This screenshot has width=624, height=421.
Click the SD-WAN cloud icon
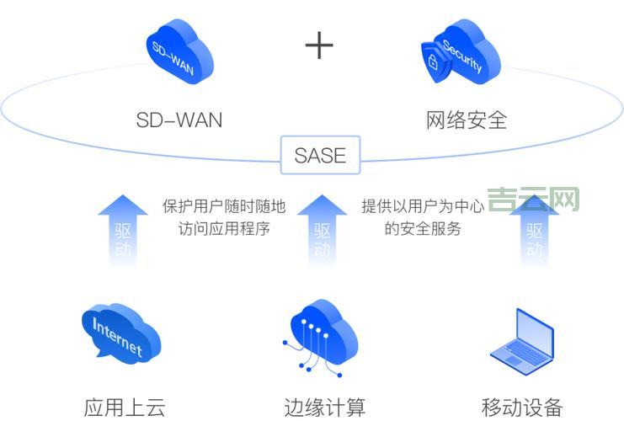[x=179, y=53]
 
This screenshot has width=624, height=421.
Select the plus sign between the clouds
[x=319, y=45]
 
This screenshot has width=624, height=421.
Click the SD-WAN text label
[x=179, y=120]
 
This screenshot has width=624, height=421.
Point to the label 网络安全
[x=467, y=120]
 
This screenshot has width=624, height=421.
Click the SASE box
[x=320, y=156]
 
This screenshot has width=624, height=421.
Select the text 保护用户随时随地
[x=224, y=207]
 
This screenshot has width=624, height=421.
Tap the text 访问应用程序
[x=224, y=228]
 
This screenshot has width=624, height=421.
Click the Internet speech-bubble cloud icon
[x=120, y=333]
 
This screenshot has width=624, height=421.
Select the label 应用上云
[x=125, y=408]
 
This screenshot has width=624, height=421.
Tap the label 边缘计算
[x=325, y=408]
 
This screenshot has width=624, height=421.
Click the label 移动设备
[x=521, y=408]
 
